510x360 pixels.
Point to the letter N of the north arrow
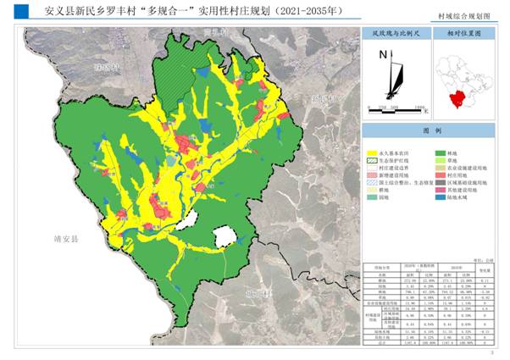[384, 55]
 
